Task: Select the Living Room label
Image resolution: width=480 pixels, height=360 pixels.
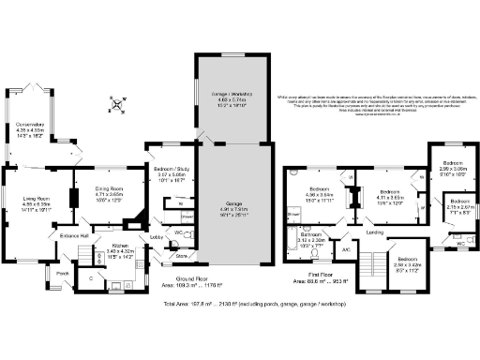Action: coord(36,198)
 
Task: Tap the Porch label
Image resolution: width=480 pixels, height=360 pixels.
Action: coord(63,274)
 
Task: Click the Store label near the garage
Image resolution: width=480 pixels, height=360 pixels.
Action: coord(181,255)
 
